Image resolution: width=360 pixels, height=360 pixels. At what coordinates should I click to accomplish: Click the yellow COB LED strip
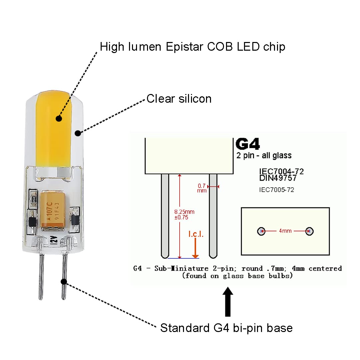coord(53,129)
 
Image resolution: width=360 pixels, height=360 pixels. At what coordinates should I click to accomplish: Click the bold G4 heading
coord(248,144)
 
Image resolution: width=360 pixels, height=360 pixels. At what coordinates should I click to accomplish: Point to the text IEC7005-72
coord(276,190)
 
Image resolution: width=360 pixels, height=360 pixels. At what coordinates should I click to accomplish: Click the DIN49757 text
coord(278,178)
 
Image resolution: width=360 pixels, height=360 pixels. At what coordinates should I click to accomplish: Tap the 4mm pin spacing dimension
coord(285,231)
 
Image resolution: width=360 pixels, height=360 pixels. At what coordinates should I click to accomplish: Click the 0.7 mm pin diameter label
coord(202,188)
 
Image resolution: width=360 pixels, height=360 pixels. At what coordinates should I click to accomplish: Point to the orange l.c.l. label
coord(196,234)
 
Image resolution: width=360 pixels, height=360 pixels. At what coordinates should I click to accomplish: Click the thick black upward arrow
coord(228,301)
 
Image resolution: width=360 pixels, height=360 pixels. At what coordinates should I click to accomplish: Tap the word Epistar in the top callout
coord(184,47)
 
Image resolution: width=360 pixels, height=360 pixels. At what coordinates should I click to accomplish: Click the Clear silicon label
coord(179,99)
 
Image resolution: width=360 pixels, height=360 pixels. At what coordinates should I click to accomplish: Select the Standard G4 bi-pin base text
coord(226,328)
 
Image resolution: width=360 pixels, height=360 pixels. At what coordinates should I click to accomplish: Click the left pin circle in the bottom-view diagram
coord(261,231)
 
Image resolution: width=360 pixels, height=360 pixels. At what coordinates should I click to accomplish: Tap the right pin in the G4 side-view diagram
coord(213,216)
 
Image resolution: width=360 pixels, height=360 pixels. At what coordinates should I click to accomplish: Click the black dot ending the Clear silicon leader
coord(78,133)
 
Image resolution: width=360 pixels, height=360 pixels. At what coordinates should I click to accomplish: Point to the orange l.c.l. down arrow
coord(195,248)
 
